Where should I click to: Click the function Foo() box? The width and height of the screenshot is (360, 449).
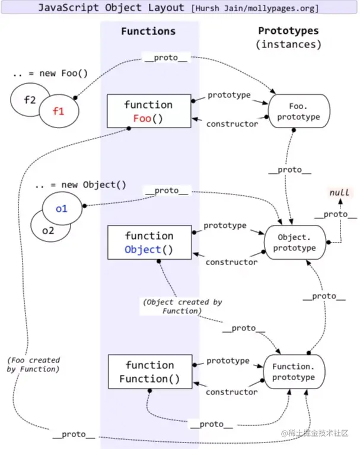coord(149,111)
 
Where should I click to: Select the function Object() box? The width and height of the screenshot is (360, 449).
coord(149,242)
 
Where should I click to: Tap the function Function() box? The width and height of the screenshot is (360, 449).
coord(150,372)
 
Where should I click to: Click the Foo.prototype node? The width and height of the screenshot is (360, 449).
coord(299,111)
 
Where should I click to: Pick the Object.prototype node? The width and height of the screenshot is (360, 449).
coord(295,242)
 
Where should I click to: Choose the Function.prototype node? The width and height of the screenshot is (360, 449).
coord(294,372)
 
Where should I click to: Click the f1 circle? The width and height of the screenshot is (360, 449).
coord(59,111)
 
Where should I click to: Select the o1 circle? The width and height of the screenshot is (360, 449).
coord(62,208)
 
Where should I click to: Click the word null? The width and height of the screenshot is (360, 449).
coord(339,192)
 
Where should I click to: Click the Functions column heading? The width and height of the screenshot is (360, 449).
coord(148,31)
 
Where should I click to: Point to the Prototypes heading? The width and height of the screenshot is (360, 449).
coord(288,31)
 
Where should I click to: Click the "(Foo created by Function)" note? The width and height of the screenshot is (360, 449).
coord(33,365)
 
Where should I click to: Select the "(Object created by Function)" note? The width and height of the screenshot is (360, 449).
coord(183,307)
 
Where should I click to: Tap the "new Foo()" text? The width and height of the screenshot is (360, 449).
coord(63,74)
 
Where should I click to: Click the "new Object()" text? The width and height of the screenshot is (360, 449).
coord(94,184)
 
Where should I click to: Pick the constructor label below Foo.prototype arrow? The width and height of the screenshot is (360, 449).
coord(232,124)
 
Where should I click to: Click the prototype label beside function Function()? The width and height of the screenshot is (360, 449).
coord(228,361)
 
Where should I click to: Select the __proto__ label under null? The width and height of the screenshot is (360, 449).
coord(335,215)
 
